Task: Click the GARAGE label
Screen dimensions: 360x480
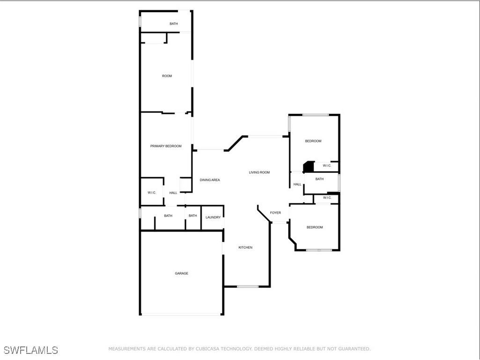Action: coord(182,273)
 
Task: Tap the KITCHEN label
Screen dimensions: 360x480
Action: coord(245,247)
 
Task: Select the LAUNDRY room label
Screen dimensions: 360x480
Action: coord(213,217)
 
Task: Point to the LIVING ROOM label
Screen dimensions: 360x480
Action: coord(259,172)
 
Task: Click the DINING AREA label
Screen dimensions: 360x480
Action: coord(210,180)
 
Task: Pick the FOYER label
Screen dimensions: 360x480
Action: coord(275,213)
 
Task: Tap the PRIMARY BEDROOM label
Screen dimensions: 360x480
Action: coord(166,146)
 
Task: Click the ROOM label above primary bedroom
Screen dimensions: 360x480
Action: coord(167,76)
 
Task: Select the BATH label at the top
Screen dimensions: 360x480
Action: coord(174,24)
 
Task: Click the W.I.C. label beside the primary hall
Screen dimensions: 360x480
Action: coord(152,193)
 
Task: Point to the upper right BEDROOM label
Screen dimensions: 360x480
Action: coord(313,141)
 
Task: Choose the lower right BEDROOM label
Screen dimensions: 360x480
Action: coord(315,227)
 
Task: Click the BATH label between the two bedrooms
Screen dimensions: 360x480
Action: coord(319,179)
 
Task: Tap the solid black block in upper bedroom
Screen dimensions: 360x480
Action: coord(309,166)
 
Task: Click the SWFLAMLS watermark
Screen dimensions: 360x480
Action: coord(31,350)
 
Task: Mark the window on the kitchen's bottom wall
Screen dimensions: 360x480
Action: coord(248,286)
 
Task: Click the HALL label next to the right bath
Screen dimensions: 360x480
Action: coord(297,184)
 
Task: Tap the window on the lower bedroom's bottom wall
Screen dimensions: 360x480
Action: coord(319,250)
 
